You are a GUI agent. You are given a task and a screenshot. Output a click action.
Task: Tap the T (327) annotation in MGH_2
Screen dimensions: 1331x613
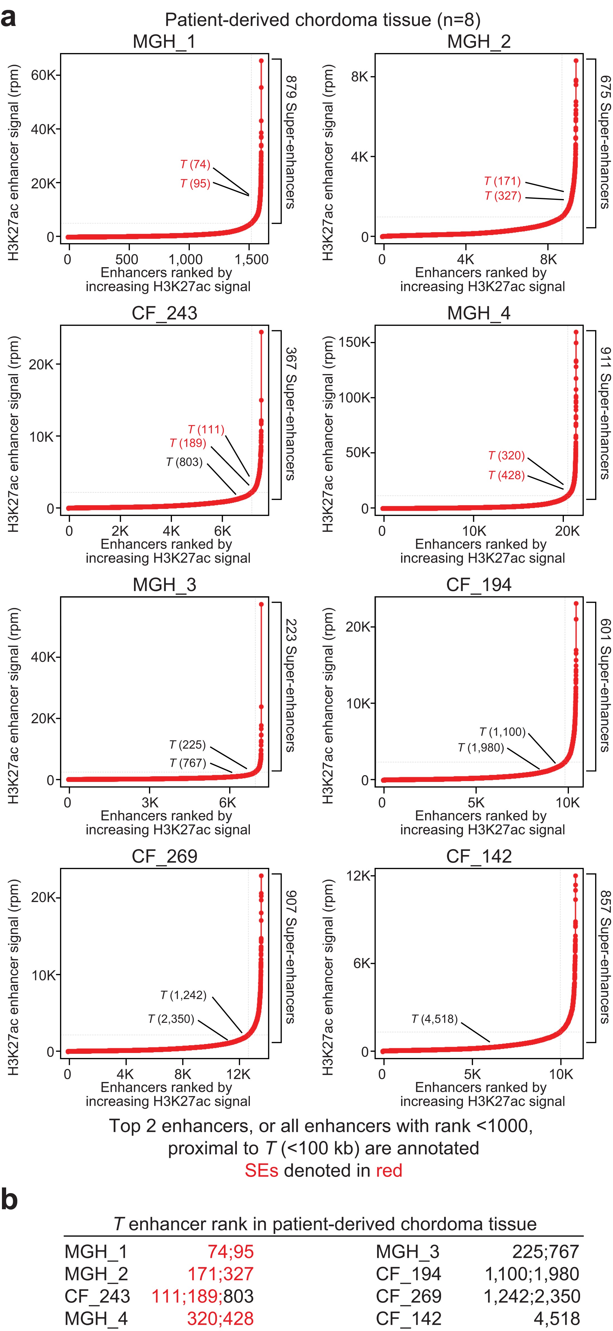click(502, 196)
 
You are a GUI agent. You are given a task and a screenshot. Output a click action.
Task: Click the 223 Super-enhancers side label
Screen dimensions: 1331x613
click(291, 684)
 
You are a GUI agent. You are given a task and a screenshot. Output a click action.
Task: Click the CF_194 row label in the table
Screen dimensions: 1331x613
click(408, 1274)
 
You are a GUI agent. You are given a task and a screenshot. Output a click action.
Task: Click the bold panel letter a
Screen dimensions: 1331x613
click(8, 19)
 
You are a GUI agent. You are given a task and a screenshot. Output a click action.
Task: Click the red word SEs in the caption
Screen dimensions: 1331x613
click(261, 1170)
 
